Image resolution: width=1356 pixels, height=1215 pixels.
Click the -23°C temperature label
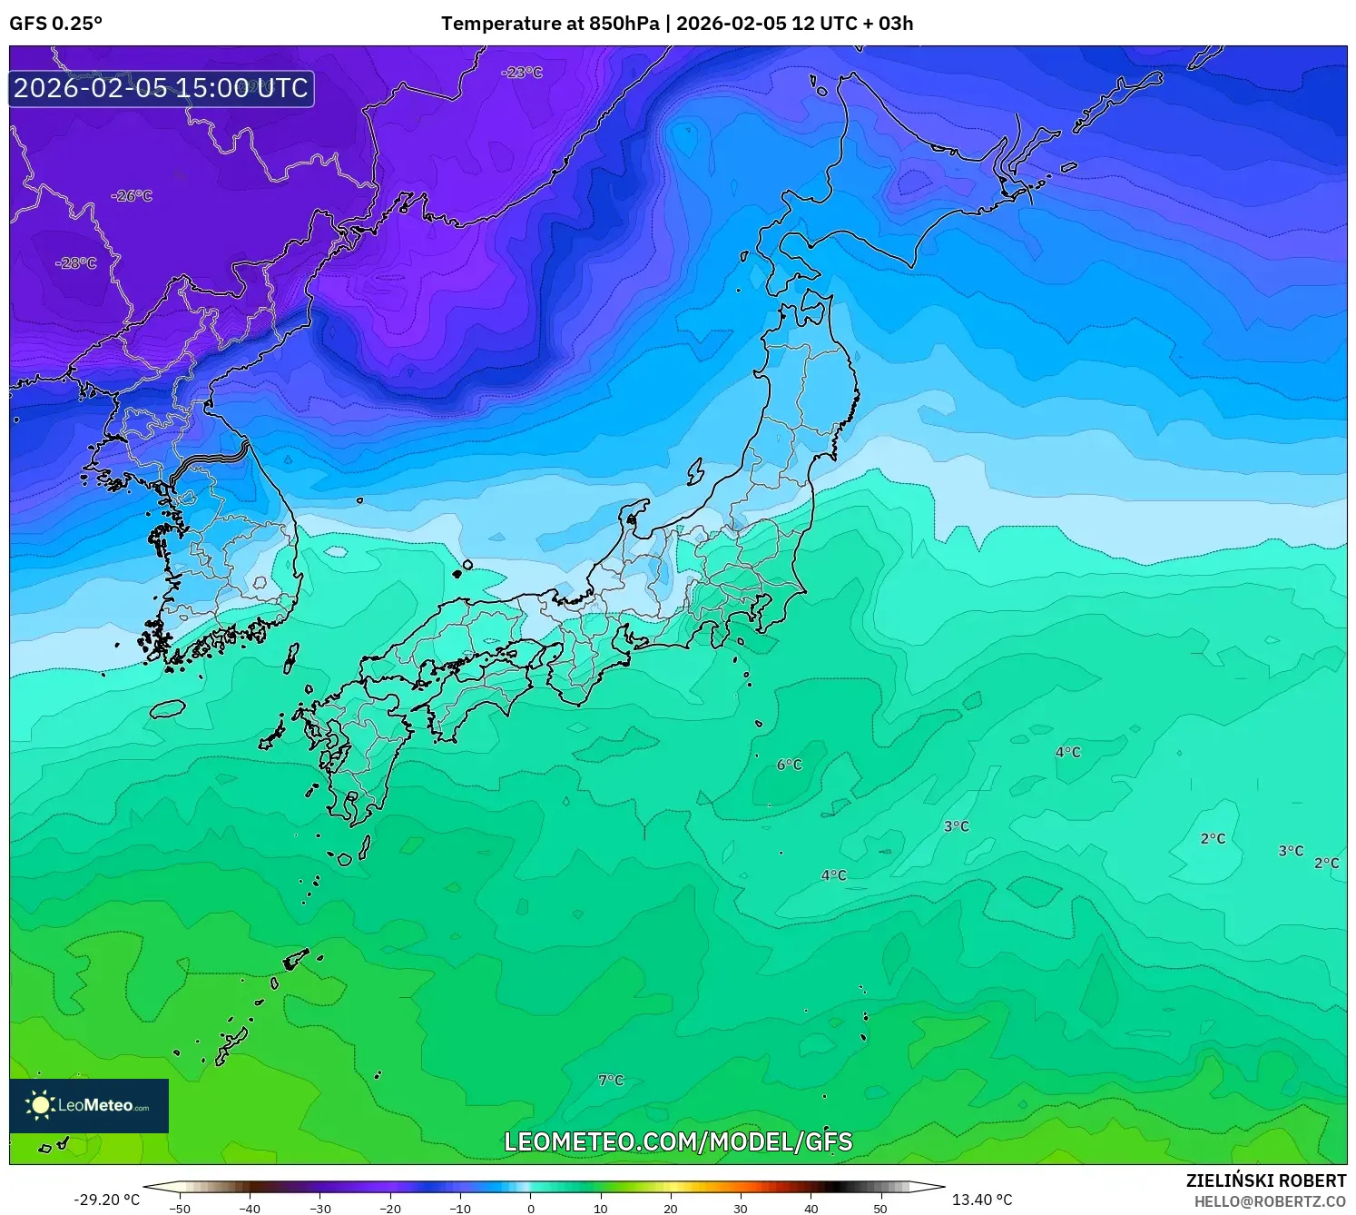tap(522, 72)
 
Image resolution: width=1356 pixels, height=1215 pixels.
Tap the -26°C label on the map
tap(132, 195)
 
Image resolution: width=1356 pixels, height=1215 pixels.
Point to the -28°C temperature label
tap(76, 262)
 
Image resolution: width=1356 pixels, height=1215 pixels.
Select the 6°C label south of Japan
tap(790, 765)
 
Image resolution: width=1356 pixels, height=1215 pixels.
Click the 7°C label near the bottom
tap(611, 1080)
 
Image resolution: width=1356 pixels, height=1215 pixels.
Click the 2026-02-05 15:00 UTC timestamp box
tap(162, 88)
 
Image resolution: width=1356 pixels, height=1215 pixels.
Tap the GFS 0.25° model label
tap(56, 24)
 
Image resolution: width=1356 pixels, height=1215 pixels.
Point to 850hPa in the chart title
tap(624, 24)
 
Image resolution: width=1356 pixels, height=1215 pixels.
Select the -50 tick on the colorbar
tap(180, 1208)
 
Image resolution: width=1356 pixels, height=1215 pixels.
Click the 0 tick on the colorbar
tap(531, 1208)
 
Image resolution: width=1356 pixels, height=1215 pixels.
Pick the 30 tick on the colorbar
tap(741, 1208)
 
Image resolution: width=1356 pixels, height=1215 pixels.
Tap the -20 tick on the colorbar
tap(390, 1208)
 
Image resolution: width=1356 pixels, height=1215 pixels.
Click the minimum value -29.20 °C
tap(107, 1200)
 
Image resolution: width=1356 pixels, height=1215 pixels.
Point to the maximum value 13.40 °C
tap(981, 1200)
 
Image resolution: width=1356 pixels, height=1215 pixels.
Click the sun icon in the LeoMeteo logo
tap(40, 1105)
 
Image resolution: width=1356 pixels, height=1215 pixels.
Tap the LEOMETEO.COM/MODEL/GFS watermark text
tap(678, 1141)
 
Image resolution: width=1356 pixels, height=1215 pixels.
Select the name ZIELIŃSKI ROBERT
tap(1265, 1180)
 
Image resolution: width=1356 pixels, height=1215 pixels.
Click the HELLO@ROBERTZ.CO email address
tap(1269, 1201)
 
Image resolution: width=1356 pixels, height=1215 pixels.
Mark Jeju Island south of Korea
tap(167, 708)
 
